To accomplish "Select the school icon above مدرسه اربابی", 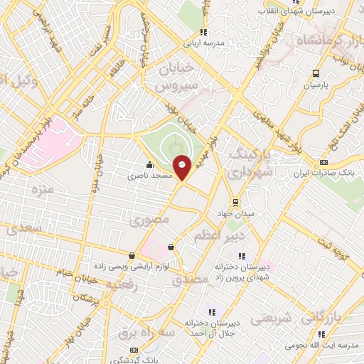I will coord(204,32).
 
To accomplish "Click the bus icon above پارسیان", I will coord(316,73).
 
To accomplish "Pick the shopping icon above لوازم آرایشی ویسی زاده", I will coord(132,255).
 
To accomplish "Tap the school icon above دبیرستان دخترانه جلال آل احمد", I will coord(211,311).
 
